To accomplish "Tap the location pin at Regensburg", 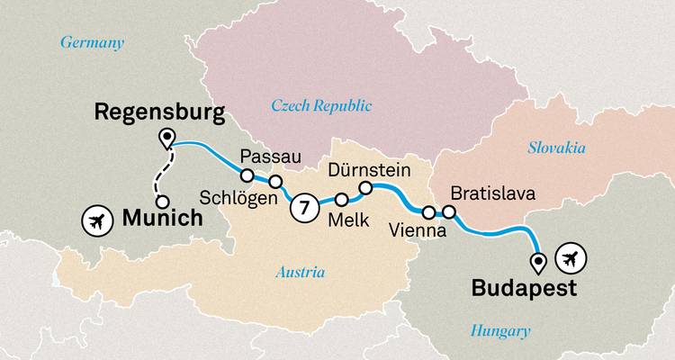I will [x=166, y=139].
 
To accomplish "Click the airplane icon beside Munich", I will [x=95, y=218].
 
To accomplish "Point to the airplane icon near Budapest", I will [x=571, y=259].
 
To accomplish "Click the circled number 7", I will [x=304, y=208].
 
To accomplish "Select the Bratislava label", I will [x=492, y=193].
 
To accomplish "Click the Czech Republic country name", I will [x=321, y=106].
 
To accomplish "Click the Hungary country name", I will [x=500, y=331].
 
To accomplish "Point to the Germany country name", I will [x=91, y=42].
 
